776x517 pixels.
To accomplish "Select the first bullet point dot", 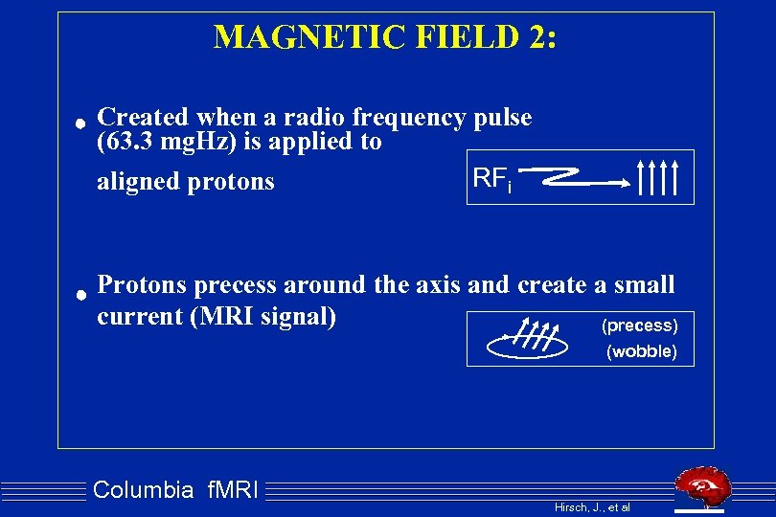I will (x=83, y=123).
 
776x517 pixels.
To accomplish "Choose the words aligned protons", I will (x=185, y=181).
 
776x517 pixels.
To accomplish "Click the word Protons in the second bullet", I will (x=145, y=285).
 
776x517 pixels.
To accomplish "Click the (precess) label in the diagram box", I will (x=639, y=326).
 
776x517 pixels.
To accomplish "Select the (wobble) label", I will (x=642, y=351).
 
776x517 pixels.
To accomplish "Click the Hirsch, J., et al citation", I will (x=592, y=506).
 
